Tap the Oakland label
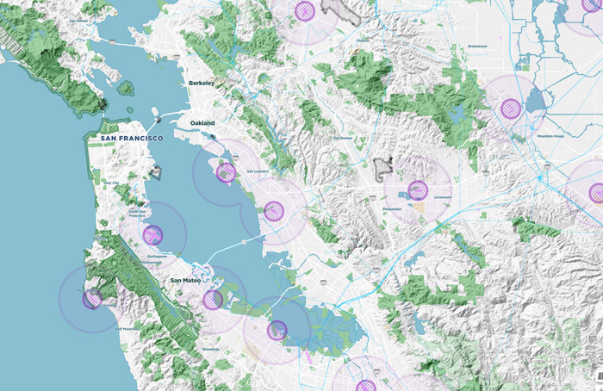[202, 124]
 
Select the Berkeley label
[201, 84]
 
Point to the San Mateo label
[185, 280]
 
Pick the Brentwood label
[477, 47]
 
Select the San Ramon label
[342, 138]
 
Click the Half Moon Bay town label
[127, 328]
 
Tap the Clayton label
[363, 40]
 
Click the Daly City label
[111, 183]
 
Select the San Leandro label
[258, 171]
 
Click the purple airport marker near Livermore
[418, 190]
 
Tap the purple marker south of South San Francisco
[153, 233]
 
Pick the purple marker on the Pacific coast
[91, 298]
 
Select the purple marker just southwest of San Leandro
[227, 173]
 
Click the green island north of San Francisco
[126, 88]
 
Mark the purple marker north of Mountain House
[512, 108]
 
